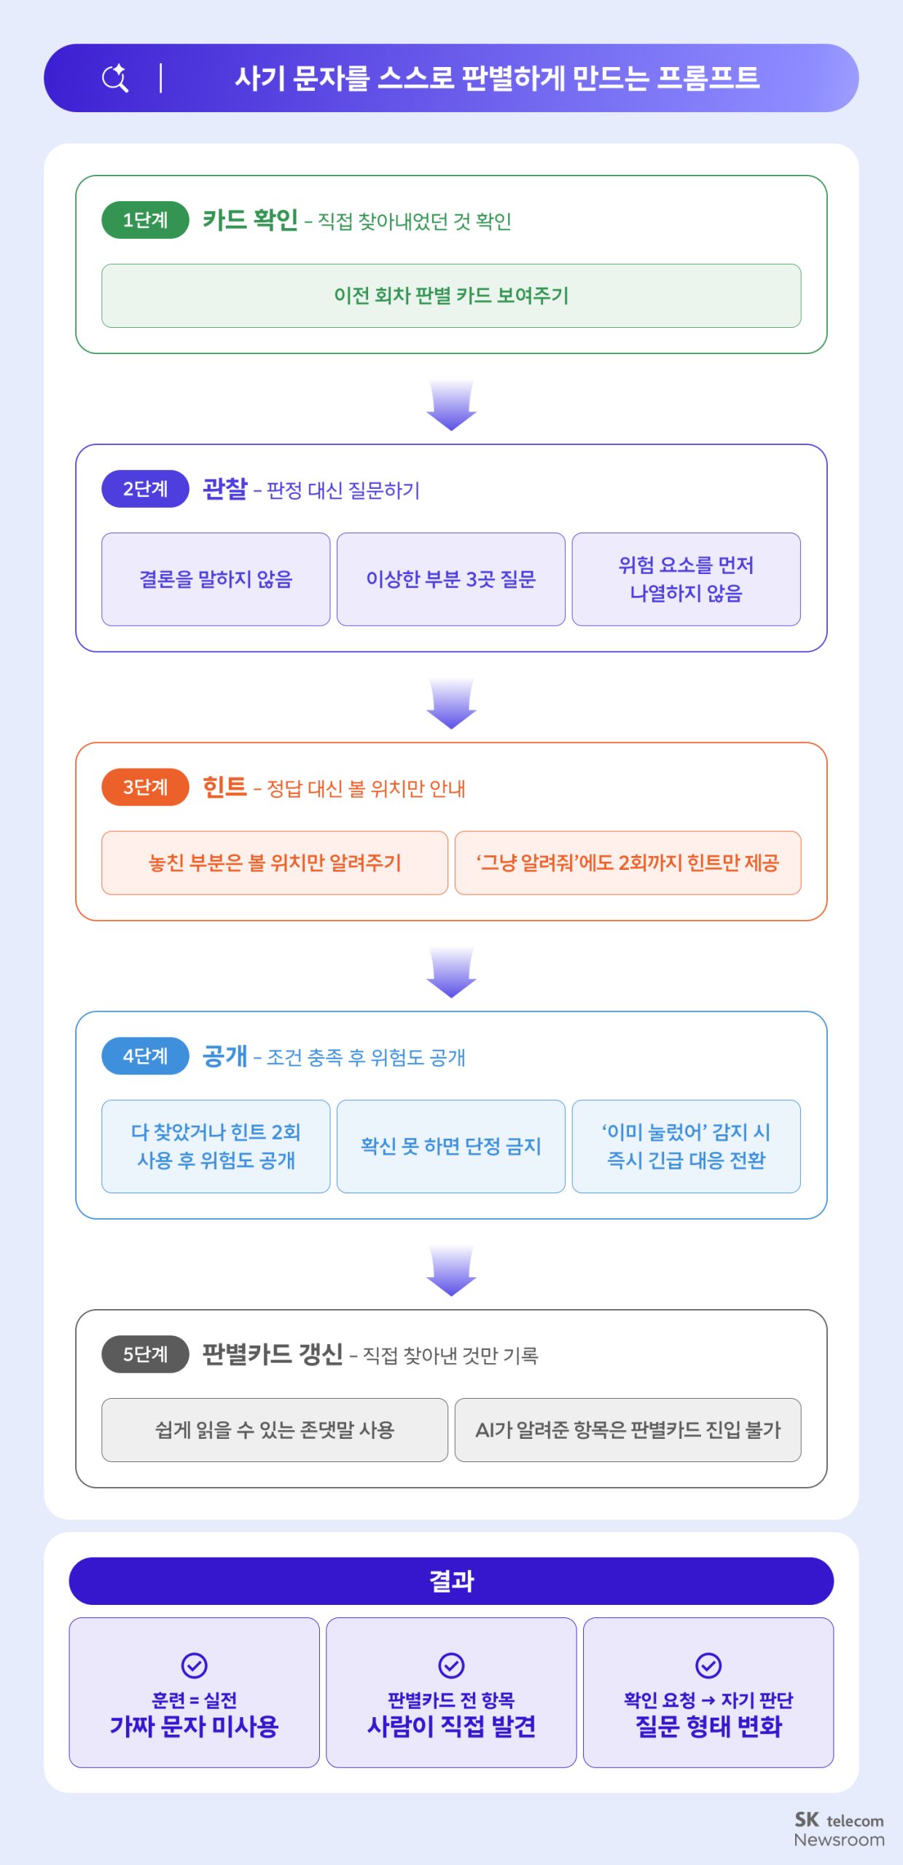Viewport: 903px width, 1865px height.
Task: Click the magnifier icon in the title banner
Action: click(x=115, y=78)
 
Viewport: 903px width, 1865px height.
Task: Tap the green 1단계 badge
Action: click(x=145, y=220)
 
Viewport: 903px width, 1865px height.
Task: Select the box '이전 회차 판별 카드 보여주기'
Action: click(x=451, y=296)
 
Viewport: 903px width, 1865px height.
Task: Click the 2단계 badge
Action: click(x=145, y=489)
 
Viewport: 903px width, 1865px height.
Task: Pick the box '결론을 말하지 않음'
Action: click(x=216, y=579)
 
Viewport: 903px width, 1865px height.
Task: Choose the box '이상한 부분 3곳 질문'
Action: click(x=451, y=579)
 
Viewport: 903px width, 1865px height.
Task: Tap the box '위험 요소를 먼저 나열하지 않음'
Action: click(x=687, y=579)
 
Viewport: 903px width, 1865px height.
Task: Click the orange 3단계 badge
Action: click(x=145, y=787)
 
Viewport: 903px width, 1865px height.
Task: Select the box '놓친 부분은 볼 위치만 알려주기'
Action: click(x=275, y=863)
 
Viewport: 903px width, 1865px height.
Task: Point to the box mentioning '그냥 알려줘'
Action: click(x=628, y=863)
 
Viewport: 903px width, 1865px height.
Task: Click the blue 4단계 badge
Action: click(x=145, y=1056)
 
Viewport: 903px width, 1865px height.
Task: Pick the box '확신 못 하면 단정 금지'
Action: click(x=451, y=1146)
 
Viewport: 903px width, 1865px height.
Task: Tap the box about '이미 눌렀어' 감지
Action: click(x=687, y=1146)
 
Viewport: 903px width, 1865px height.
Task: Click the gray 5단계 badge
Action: click(x=145, y=1354)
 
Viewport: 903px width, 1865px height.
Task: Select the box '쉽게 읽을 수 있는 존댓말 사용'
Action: click(x=275, y=1429)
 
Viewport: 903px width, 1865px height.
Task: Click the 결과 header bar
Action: click(x=451, y=1581)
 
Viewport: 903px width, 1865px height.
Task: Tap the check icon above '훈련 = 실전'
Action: click(x=194, y=1665)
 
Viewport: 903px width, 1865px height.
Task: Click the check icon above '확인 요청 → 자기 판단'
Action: click(x=708, y=1665)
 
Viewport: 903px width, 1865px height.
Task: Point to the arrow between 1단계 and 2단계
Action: click(x=451, y=405)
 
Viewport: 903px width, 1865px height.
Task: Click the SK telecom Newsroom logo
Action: click(x=839, y=1829)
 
